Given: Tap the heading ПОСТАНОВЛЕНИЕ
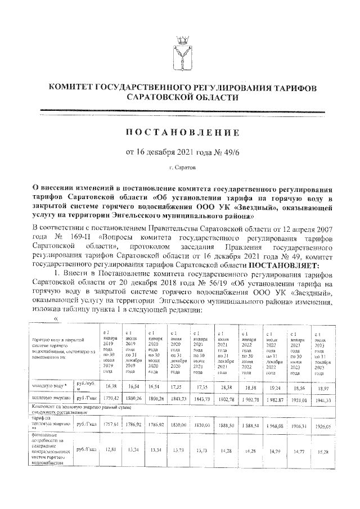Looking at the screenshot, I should coord(180,133).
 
